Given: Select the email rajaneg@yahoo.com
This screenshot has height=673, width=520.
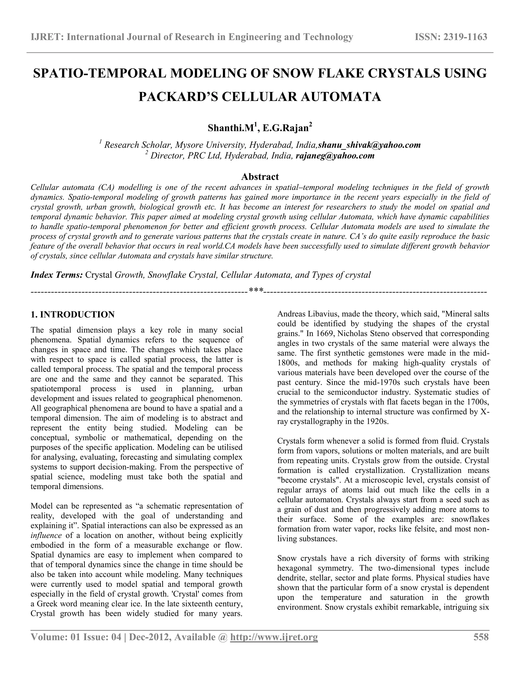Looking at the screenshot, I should [335, 156].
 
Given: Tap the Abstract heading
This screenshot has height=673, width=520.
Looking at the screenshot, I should [260, 177].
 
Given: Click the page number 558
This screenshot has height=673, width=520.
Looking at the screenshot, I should [481, 637].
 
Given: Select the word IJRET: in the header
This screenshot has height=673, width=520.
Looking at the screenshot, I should [47, 37].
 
